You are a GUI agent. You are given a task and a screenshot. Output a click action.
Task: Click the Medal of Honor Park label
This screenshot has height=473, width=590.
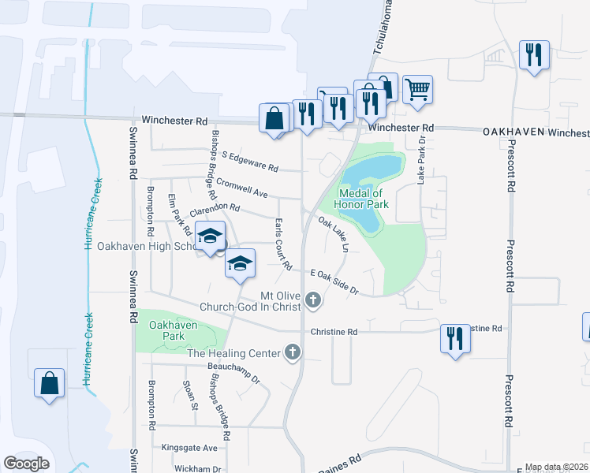coord(360,199)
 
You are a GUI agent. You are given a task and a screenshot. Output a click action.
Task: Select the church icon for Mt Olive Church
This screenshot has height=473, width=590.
coord(314,300)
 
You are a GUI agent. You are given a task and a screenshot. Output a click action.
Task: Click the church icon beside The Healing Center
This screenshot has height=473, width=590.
coord(293,352)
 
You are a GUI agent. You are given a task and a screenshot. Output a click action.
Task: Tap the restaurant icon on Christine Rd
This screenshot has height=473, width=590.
coord(454,337)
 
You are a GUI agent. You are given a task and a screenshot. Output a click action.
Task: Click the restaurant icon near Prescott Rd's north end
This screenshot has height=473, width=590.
coord(534,54)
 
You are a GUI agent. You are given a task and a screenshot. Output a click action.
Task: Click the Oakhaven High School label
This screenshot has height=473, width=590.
coord(142,246)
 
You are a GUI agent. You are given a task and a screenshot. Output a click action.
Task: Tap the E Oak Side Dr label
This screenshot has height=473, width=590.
coord(335,281)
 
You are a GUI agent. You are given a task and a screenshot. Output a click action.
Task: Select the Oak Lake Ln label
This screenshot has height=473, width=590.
coord(333,234)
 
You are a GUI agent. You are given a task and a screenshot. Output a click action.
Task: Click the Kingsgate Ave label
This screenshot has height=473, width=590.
coord(189,447)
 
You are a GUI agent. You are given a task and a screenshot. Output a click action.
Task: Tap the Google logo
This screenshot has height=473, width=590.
coord(27,464)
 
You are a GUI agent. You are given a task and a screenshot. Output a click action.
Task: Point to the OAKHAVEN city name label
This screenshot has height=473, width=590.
coord(513,132)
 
